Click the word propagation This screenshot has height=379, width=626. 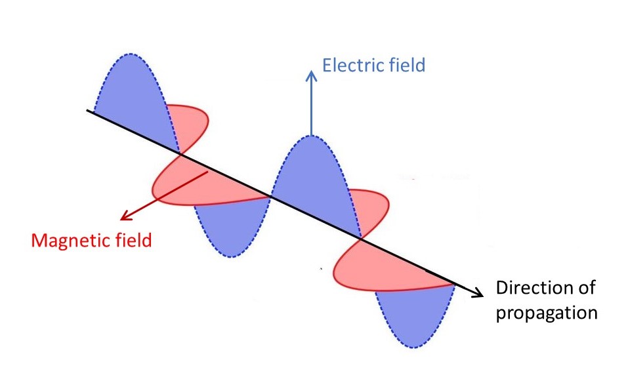(x=546, y=312)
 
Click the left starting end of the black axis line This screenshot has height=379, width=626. (x=89, y=111)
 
